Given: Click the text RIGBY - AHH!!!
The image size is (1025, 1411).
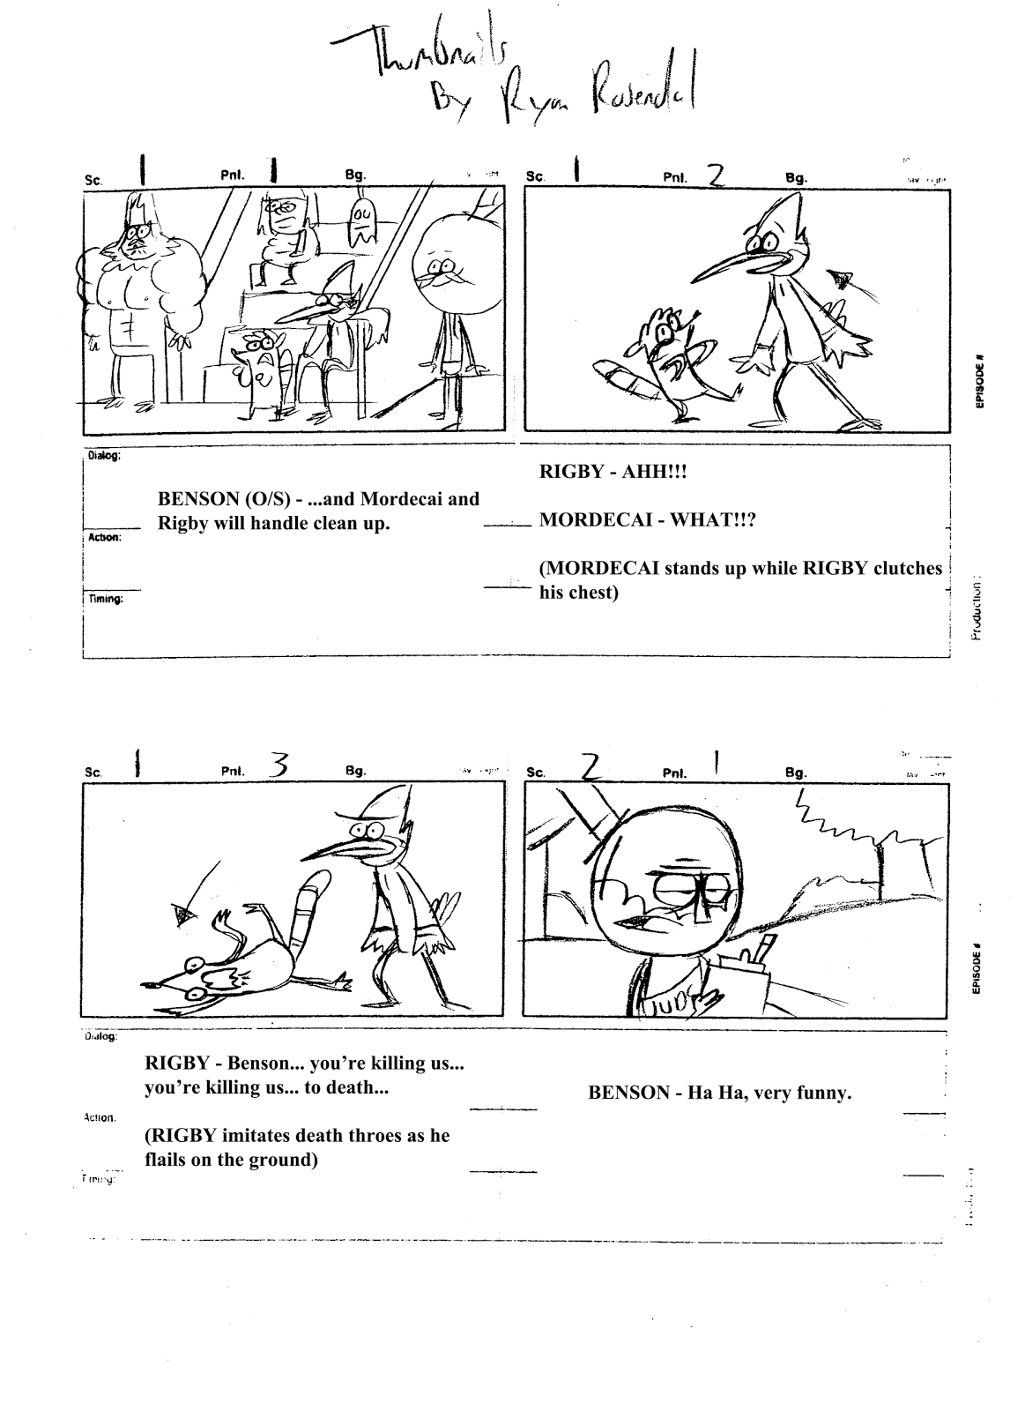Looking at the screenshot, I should click(x=612, y=473).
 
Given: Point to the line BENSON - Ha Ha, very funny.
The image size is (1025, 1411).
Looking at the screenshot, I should click(x=719, y=1094).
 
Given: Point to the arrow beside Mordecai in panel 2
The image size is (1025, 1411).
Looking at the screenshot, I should click(x=844, y=279).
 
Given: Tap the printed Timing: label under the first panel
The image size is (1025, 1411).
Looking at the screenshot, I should click(x=105, y=600).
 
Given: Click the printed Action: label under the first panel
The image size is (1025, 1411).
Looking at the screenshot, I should click(x=103, y=538).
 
